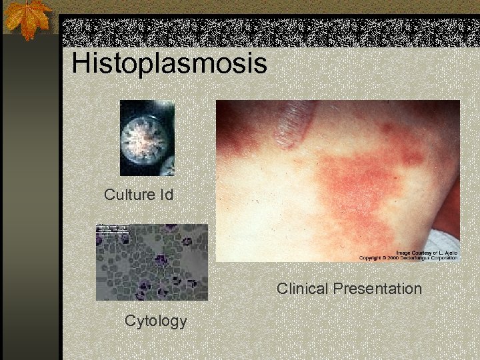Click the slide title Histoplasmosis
pos(169,63)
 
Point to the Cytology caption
pos(155,321)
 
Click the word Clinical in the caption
pos(302,289)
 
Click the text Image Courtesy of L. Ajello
pos(427,253)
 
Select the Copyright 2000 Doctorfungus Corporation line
pos(408,258)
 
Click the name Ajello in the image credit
pos(450,253)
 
